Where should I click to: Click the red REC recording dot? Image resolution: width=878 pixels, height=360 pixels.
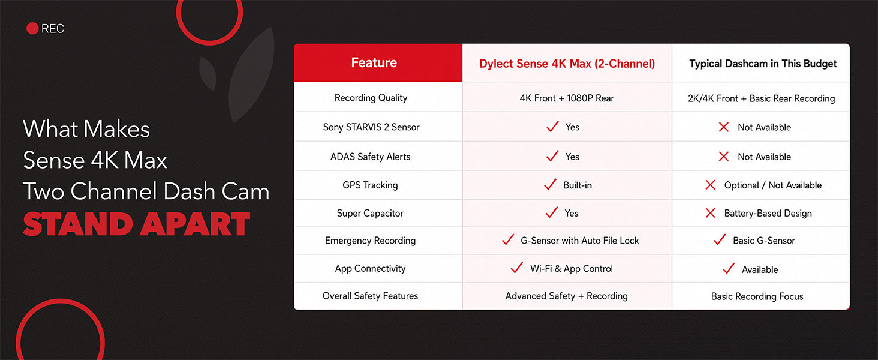pyautogui.click(x=32, y=28)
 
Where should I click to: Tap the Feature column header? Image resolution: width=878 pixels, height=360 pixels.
pyautogui.click(x=374, y=63)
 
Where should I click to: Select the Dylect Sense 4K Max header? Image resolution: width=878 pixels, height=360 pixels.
pyautogui.click(x=567, y=64)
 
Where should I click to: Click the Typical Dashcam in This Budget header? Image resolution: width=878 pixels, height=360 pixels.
pyautogui.click(x=763, y=64)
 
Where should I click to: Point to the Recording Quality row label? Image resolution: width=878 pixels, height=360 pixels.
pyautogui.click(x=371, y=98)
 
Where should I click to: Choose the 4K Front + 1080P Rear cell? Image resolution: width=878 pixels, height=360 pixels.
pyautogui.click(x=567, y=98)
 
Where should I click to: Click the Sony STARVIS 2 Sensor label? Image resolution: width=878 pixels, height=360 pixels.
pyautogui.click(x=371, y=127)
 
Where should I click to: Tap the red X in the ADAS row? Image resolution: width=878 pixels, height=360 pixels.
pyautogui.click(x=723, y=157)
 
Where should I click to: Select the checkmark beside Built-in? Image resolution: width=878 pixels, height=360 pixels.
pyautogui.click(x=551, y=184)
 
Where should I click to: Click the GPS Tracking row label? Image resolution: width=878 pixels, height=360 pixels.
pyautogui.click(x=370, y=185)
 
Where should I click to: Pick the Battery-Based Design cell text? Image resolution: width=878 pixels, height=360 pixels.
pyautogui.click(x=768, y=214)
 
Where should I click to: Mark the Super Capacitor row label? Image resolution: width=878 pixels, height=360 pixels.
pyautogui.click(x=370, y=214)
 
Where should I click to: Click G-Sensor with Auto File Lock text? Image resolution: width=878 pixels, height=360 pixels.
pyautogui.click(x=580, y=241)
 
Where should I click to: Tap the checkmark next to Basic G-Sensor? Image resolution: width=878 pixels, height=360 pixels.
pyautogui.click(x=720, y=239)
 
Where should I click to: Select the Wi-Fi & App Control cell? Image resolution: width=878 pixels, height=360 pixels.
pyautogui.click(x=571, y=269)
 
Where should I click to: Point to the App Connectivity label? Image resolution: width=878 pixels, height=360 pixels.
pyautogui.click(x=370, y=269)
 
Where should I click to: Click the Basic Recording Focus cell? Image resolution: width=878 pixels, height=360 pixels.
pyautogui.click(x=757, y=296)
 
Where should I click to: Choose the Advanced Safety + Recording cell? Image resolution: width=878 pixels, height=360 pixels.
pyautogui.click(x=566, y=296)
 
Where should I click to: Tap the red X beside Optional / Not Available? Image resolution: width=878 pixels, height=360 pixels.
pyautogui.click(x=710, y=185)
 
